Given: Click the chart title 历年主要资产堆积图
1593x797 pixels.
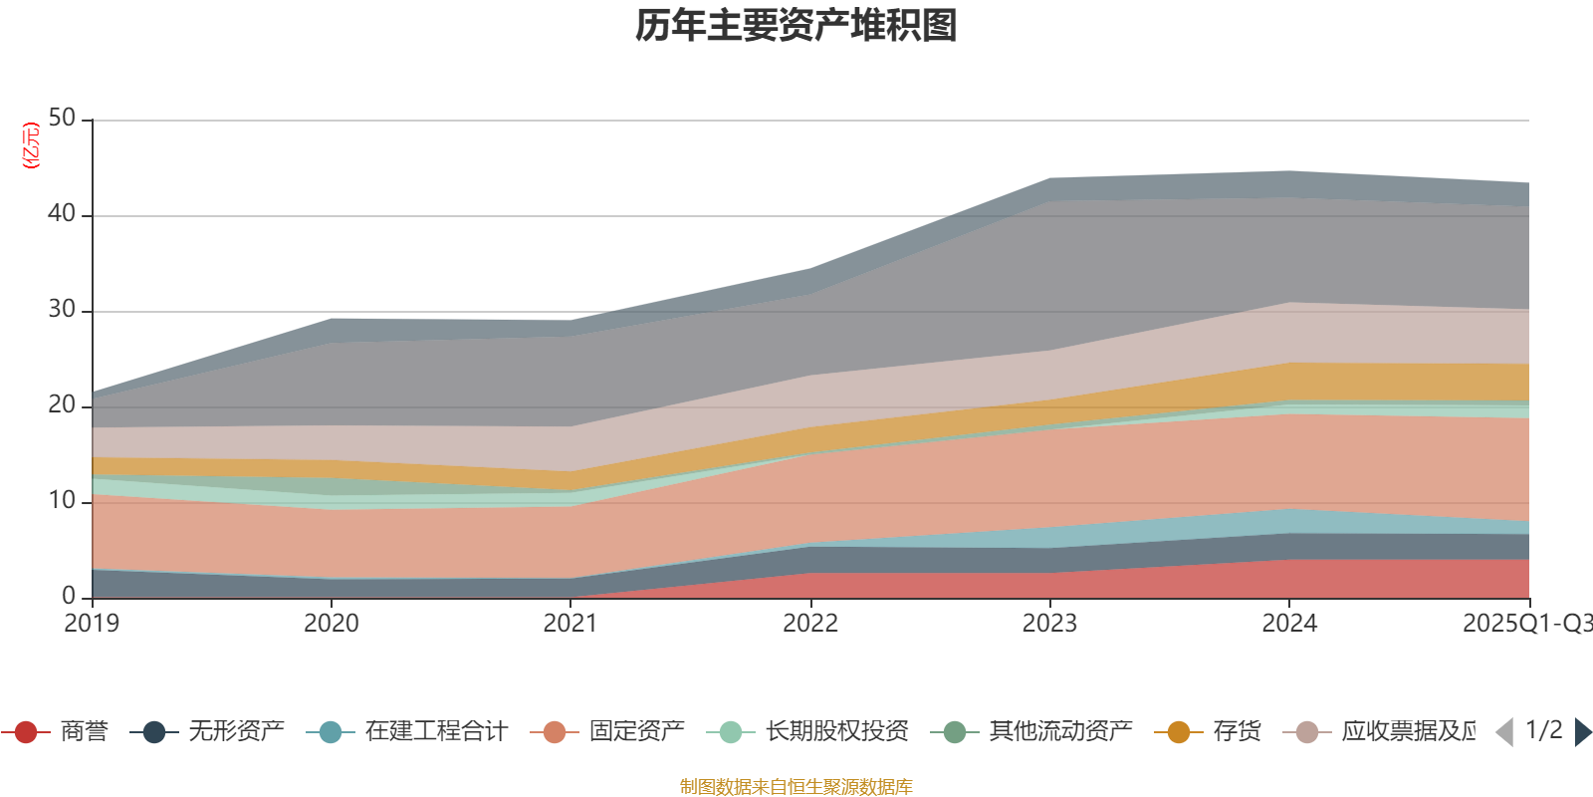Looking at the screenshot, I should coord(796,26).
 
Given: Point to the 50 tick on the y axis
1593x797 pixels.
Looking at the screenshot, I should coord(62,119).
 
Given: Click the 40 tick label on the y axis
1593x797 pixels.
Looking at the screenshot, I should coord(62,214).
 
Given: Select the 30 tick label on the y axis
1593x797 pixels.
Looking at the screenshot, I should coord(62,310).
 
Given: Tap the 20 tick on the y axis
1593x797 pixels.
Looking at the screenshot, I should coord(62,405).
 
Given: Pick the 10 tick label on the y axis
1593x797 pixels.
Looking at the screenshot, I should coord(62,501).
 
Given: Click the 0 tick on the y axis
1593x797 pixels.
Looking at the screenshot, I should coord(69,597).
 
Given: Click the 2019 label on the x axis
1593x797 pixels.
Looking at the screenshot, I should coord(92,624).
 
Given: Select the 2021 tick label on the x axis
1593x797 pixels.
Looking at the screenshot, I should coord(570,624).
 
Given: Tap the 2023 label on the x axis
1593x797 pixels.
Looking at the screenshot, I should coord(1049,624).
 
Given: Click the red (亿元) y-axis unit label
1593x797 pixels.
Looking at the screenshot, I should coord(31,145).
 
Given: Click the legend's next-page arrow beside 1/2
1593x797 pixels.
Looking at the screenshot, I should coord(1582,732).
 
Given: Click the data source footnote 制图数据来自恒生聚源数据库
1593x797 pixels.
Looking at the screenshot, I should coord(796,787).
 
